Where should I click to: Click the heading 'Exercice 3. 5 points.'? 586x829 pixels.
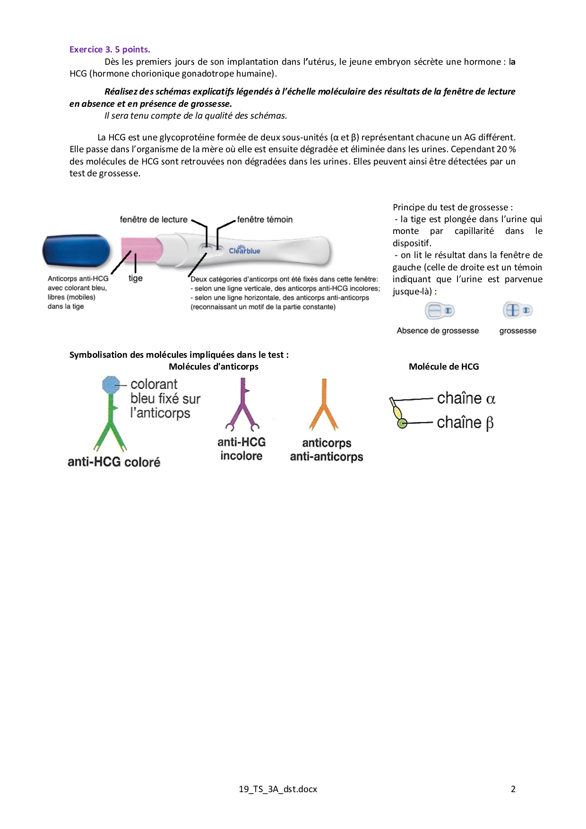110,50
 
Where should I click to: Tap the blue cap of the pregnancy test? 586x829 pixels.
76,250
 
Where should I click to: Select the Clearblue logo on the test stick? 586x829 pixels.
244,250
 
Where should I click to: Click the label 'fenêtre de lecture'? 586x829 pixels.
154,219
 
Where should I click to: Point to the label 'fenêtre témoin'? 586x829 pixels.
265,219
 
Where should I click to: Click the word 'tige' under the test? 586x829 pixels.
136,278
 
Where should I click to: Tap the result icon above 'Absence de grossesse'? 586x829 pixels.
439,311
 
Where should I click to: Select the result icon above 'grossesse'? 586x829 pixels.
517,311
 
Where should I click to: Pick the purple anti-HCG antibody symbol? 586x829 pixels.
242,406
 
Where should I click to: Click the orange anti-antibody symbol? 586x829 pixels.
324,406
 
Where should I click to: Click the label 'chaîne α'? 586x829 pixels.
465,398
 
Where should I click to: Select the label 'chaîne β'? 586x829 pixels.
465,423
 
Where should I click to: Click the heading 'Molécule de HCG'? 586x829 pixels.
444,366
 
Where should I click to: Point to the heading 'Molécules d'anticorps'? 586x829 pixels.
214,366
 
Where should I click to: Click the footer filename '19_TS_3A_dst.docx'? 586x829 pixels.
278,789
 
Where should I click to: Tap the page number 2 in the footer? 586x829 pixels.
513,789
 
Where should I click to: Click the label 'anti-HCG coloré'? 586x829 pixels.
114,462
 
